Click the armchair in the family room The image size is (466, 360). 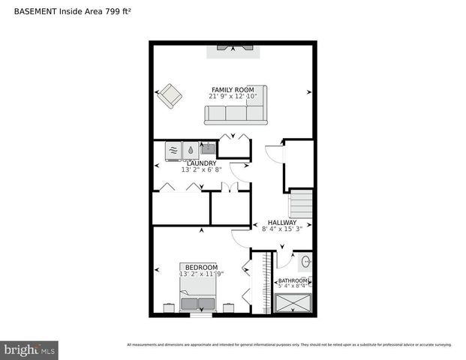tap(170, 95)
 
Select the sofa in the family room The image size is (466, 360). tap(236, 114)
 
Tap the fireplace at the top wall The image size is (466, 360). tap(233, 47)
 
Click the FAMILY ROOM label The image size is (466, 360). tap(232, 90)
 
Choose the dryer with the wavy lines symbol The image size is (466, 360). tap(173, 150)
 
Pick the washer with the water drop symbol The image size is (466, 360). tap(190, 150)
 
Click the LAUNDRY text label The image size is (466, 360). tap(201, 163)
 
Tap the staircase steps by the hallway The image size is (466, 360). tap(300, 203)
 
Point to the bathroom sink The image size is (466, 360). tap(305, 263)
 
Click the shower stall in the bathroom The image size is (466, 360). tap(293, 304)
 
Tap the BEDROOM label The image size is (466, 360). tap(201, 267)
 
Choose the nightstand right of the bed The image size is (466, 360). tap(229, 306)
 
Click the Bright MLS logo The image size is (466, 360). tap(30, 349)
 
